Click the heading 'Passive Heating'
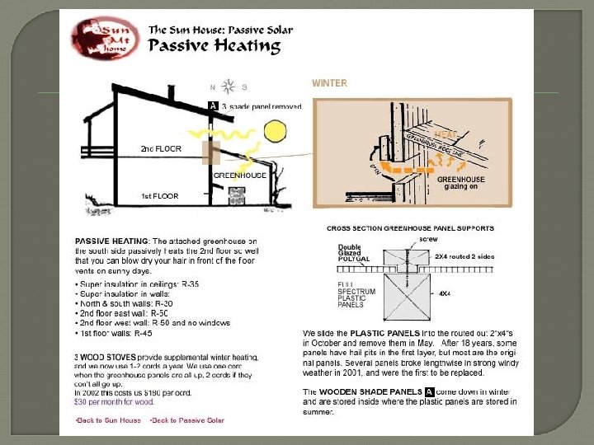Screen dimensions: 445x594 (x=214, y=45)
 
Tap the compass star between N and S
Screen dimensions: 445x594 (x=229, y=86)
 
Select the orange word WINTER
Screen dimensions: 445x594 (x=329, y=83)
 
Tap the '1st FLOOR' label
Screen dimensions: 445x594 (x=158, y=196)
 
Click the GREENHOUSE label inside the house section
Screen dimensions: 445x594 (x=239, y=176)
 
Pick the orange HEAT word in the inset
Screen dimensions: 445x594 (x=445, y=134)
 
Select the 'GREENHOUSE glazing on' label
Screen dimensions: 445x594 (x=460, y=183)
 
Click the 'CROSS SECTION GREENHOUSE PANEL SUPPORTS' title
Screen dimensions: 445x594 (x=410, y=228)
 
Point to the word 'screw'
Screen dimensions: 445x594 (x=428, y=238)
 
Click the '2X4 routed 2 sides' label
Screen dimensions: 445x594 (x=464, y=257)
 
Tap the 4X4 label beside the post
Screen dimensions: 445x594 (x=444, y=293)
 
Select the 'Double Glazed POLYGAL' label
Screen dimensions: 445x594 (x=354, y=252)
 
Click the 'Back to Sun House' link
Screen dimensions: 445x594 (x=107, y=420)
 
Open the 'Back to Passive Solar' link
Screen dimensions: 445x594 (x=186, y=420)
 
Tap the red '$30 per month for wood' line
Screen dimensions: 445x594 (x=115, y=403)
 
